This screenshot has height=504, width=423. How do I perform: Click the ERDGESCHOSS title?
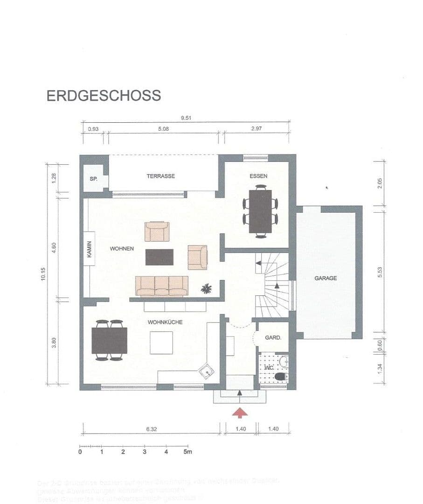coord(104,95)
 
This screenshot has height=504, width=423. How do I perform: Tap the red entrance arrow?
coord(240,413)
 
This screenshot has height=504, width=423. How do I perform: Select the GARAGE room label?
coord(325,278)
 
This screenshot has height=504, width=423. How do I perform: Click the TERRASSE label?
coord(160,176)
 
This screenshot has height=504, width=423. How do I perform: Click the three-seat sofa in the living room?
coord(161,286)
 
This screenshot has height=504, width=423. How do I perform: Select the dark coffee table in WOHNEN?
coord(159,257)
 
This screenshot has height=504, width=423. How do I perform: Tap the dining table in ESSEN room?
coord(260,210)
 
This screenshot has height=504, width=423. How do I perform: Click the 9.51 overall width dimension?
coord(186,118)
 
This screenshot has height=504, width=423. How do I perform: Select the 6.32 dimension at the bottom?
coord(151,429)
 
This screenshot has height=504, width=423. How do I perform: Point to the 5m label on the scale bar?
coord(187,452)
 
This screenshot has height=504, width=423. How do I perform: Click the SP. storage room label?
coord(93,179)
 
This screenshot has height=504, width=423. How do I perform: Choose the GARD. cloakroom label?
coord(273,337)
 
